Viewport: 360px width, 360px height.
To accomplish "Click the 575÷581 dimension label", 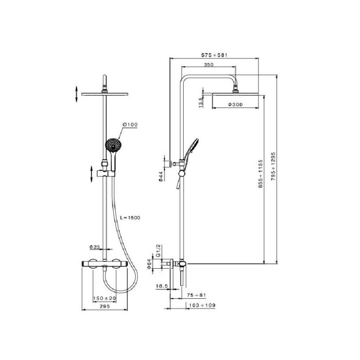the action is (214, 55).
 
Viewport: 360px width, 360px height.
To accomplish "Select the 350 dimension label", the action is (209, 64).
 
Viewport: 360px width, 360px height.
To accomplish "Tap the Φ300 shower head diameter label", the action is (235, 104).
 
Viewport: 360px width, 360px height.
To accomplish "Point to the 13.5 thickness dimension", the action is (201, 103).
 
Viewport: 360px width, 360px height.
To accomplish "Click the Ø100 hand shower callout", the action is (130, 125).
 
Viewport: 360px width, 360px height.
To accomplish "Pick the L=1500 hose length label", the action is (130, 217).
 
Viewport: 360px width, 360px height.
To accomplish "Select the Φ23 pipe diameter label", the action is (94, 247).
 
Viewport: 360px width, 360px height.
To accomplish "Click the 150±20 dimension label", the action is (104, 298).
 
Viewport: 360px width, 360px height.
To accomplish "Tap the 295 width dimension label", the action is (105, 306).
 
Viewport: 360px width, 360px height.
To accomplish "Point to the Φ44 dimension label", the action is (161, 176).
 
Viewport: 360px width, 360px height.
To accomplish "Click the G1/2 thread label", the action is (158, 251).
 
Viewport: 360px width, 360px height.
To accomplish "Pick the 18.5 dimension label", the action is (162, 286).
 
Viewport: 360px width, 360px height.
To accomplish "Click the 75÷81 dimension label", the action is (197, 295).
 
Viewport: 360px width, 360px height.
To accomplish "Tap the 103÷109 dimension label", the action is (202, 305).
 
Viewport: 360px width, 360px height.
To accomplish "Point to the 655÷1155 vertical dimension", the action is (260, 174).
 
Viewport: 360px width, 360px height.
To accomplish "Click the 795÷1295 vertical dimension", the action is (273, 166).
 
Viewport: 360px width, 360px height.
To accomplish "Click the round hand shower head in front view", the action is (113, 145).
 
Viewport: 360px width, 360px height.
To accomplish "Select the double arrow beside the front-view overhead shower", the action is (76, 94).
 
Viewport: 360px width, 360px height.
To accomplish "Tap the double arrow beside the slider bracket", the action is (91, 174).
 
